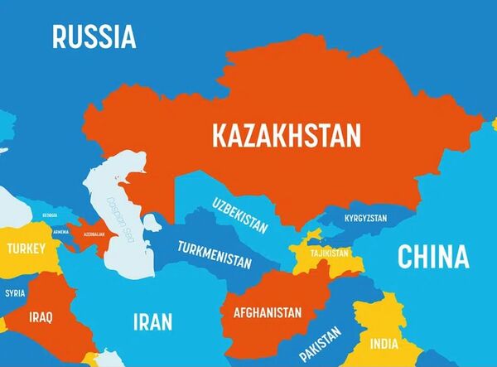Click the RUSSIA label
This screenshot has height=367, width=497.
click(x=94, y=36)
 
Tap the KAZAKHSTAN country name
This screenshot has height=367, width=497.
click(x=287, y=135)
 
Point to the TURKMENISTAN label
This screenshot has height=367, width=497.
click(x=214, y=252)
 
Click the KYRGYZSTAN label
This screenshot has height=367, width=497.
click(x=365, y=218)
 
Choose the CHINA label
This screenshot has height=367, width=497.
click(x=433, y=257)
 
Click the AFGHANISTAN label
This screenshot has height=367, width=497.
click(x=268, y=313)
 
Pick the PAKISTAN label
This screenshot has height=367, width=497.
click(x=321, y=343)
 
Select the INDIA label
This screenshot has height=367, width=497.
click(x=383, y=344)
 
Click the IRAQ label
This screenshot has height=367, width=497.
click(x=41, y=316)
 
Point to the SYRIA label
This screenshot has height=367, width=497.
click(x=15, y=293)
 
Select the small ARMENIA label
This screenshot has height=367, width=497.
click(x=60, y=232)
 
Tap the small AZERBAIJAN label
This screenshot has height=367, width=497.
click(x=93, y=234)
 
